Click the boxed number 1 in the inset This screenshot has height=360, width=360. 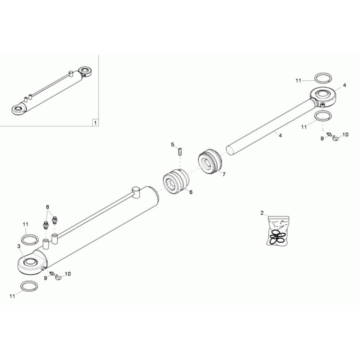pyautogui.click(x=95, y=123)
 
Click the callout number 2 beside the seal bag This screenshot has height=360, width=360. pyautogui.click(x=262, y=213)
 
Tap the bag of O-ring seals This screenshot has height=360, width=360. pyautogui.click(x=278, y=230)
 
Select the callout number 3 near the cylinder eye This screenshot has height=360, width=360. pyautogui.click(x=19, y=246)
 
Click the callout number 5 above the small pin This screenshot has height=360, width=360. pyautogui.click(x=173, y=145)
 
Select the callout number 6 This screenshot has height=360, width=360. pyautogui.click(x=191, y=192)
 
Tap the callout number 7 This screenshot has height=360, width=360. pyautogui.click(x=224, y=174)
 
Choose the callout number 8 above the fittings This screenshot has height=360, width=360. pyautogui.click(x=48, y=207)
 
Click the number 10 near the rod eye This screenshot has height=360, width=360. pyautogui.click(x=345, y=135)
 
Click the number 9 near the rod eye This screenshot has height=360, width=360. pyautogui.click(x=322, y=139)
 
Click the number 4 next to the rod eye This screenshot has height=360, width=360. pyautogui.click(x=345, y=85)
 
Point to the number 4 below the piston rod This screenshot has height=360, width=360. pyautogui.click(x=280, y=136)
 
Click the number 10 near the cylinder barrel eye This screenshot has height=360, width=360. pyautogui.click(x=68, y=274)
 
